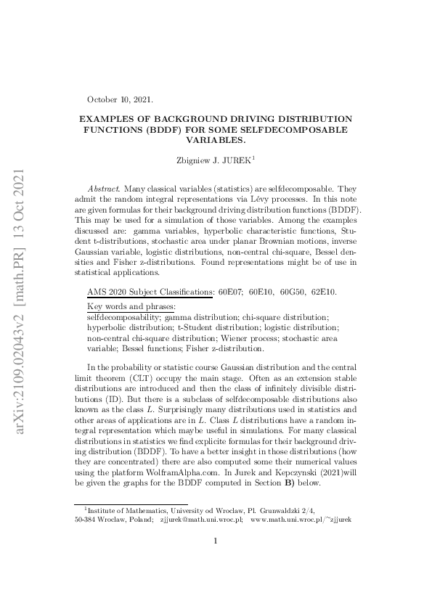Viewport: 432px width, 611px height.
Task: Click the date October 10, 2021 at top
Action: tap(120, 99)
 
